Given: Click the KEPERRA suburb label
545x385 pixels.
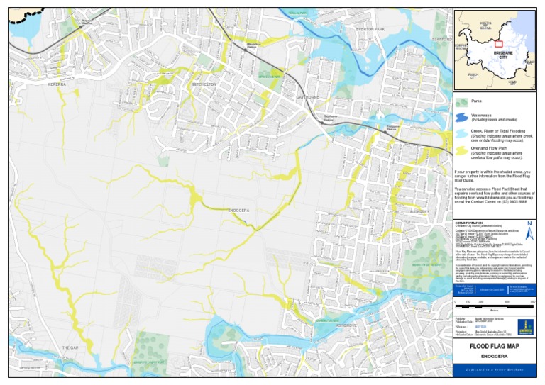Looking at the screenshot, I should [56, 84].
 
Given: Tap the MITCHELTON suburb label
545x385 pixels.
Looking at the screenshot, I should [203, 84].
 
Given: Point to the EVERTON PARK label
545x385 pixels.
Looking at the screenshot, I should [369, 29].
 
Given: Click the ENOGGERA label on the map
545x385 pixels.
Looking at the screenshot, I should [239, 211].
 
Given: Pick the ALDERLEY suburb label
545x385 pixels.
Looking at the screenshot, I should [421, 211].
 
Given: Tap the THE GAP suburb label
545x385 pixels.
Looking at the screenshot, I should [70, 347].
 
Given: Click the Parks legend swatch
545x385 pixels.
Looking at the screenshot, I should [461, 102].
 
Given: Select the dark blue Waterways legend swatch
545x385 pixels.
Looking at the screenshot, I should [461, 117].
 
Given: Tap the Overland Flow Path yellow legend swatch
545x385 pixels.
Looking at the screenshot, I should [461, 150].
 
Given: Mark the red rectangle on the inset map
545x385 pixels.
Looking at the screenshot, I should [499, 44].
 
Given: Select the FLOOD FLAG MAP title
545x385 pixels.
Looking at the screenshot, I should [495, 346].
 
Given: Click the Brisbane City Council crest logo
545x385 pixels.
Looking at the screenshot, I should [524, 326].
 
